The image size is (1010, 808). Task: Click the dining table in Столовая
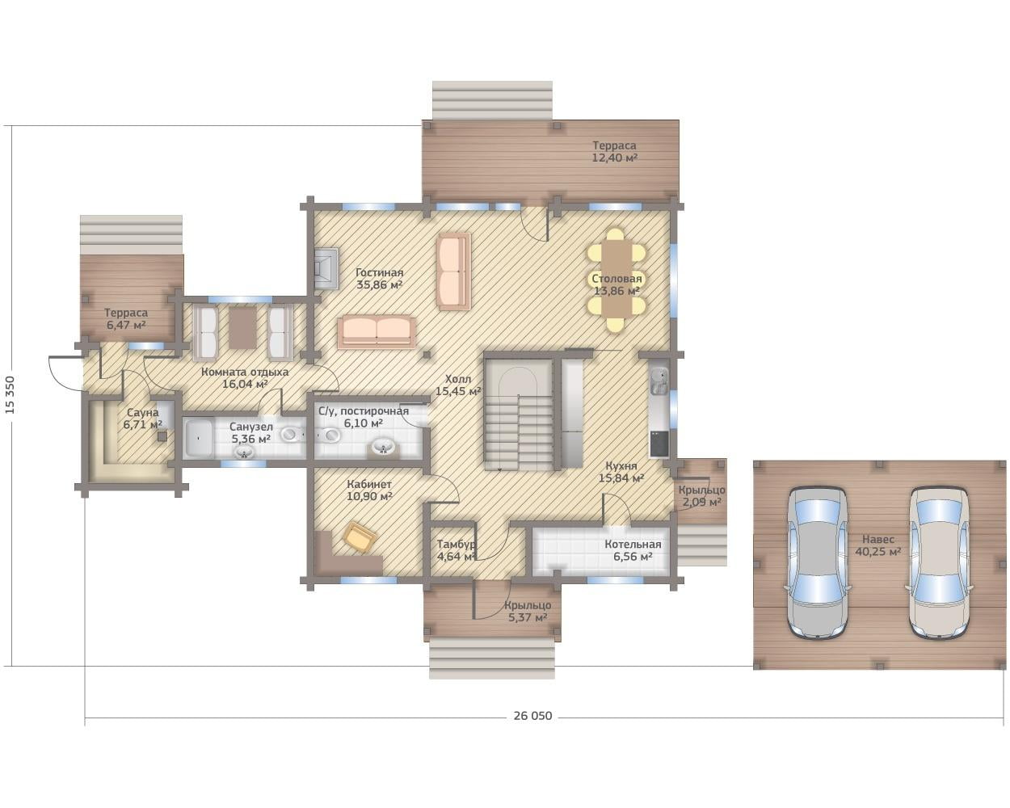[617, 280]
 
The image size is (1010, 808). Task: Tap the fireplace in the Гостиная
[326, 269]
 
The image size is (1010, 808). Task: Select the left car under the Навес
[818, 563]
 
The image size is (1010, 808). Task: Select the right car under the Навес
[939, 563]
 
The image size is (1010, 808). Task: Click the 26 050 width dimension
[532, 716]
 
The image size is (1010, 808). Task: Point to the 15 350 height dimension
[11, 394]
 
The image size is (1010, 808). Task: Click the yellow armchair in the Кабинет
[360, 536]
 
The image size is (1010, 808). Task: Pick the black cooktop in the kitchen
[659, 444]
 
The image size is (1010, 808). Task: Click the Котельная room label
[633, 544]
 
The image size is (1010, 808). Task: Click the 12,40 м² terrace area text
[614, 158]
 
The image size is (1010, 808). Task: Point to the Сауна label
[143, 413]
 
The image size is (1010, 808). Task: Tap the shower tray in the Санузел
[200, 439]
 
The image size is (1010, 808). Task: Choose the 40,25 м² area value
[877, 552]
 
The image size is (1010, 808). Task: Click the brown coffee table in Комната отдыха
[242, 328]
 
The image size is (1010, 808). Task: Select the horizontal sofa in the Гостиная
[377, 332]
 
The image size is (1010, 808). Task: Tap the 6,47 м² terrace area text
[126, 325]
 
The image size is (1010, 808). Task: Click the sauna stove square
[162, 436]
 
